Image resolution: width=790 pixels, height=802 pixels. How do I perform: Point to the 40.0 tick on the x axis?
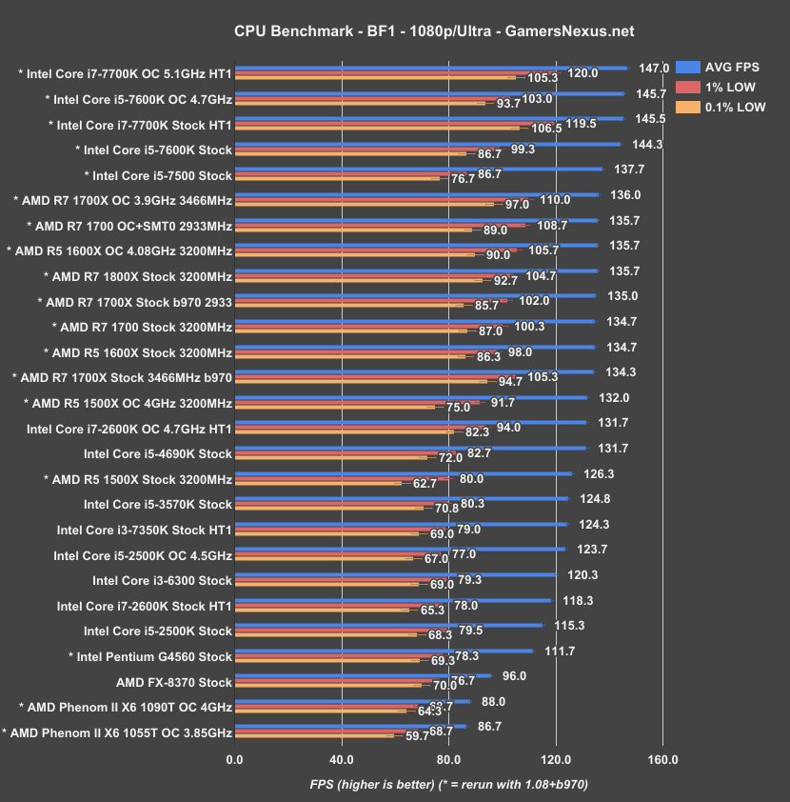click(342, 760)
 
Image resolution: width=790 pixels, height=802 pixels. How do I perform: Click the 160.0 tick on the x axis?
click(662, 760)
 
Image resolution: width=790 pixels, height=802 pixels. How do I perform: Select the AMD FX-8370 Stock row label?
click(173, 682)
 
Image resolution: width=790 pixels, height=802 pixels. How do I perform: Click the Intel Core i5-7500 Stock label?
click(158, 175)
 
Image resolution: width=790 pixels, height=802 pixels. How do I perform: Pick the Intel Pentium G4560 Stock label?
click(150, 656)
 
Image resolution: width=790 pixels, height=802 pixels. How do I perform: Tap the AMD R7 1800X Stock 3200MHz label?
click(138, 276)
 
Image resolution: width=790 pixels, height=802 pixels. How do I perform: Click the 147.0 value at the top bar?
click(653, 69)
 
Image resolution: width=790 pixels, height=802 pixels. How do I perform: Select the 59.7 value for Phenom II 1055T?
click(419, 735)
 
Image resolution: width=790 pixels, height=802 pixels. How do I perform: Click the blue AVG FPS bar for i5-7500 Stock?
click(419, 169)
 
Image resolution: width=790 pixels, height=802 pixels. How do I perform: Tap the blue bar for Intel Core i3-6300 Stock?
click(395, 574)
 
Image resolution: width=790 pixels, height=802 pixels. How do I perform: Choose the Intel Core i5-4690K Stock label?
click(158, 453)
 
